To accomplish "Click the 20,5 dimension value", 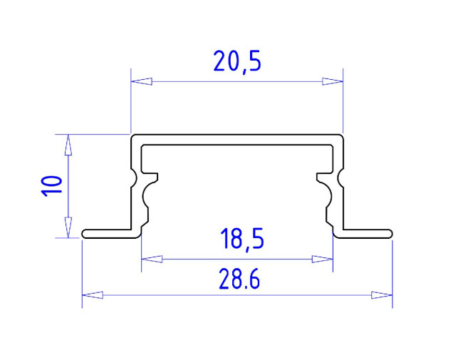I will pos(237,62).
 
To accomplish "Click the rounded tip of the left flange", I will pos(85,234).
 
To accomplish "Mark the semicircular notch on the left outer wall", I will pos(133,177).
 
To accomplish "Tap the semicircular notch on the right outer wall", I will pos(341,177).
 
